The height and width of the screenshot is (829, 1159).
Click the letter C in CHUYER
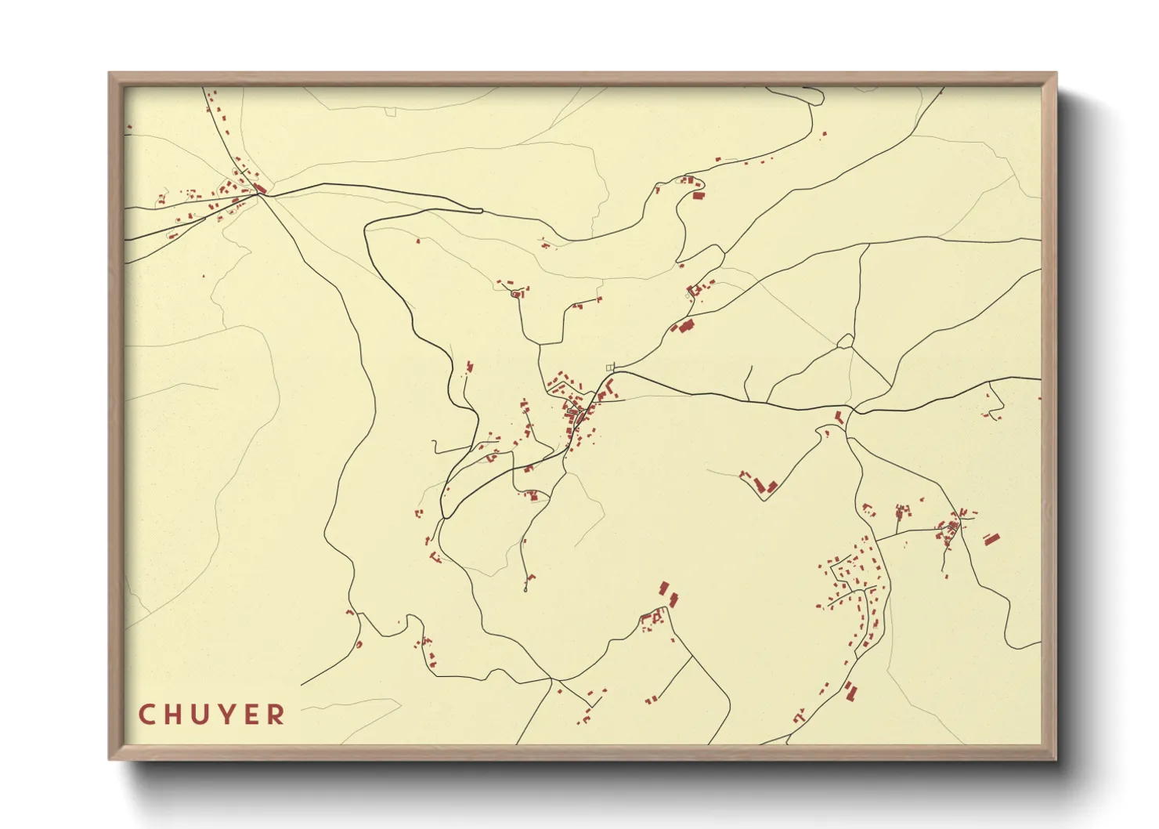(x=146, y=715)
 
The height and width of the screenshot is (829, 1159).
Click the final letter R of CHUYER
(x=276, y=715)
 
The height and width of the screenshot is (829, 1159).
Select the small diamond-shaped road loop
(x=845, y=341)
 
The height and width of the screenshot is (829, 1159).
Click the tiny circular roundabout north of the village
(x=515, y=294)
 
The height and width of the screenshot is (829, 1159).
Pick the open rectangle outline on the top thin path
(x=391, y=111)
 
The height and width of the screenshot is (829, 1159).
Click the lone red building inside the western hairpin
(x=417, y=241)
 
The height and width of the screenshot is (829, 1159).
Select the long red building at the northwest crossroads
(x=261, y=188)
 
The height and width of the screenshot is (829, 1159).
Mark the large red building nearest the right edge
(x=991, y=539)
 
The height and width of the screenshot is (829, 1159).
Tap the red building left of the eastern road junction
(x=839, y=417)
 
